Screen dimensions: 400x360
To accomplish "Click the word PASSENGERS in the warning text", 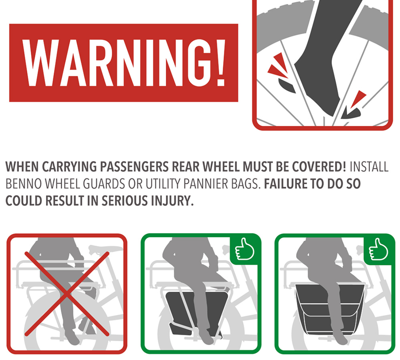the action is (x=134, y=167).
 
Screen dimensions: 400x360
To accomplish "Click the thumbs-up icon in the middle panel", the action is (x=244, y=249).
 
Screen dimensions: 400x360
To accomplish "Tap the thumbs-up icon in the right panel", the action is (x=378, y=249).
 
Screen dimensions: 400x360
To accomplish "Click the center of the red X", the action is (x=67, y=294).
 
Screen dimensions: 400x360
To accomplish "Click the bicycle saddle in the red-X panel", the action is (x=105, y=248).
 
